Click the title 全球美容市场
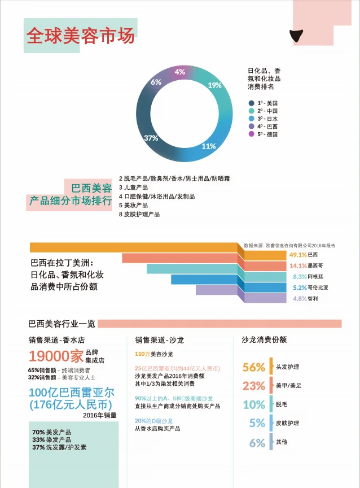coord(81,35)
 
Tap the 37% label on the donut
coord(151,138)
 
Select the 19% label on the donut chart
coord(214,86)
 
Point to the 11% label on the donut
coord(209,146)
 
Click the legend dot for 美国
coord(251,103)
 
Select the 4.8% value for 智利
coord(299,298)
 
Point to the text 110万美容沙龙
coord(153,354)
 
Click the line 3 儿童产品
coord(133,187)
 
